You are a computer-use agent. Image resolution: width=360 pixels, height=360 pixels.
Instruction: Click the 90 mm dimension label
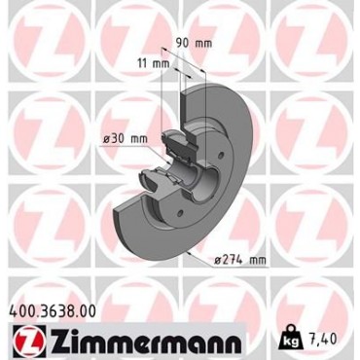(194, 43)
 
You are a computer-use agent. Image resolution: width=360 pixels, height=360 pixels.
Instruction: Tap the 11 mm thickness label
(154, 63)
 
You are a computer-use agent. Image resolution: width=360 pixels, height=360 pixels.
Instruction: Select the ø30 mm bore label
(125, 139)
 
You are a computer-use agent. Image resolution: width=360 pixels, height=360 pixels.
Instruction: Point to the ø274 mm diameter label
(240, 260)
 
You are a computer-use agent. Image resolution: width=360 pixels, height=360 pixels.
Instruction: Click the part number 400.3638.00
(54, 311)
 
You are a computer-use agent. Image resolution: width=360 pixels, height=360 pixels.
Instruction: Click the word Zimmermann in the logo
(146, 341)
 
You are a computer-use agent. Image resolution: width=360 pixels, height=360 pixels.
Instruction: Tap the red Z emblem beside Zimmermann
(29, 341)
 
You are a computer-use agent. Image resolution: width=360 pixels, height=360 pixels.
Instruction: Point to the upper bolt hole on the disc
(222, 155)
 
